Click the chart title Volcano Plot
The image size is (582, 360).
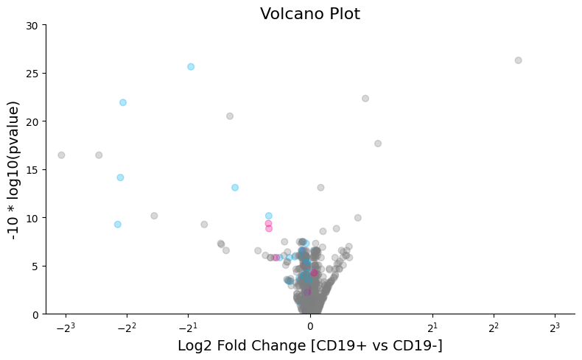[310, 14]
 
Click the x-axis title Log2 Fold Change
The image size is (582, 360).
[310, 345]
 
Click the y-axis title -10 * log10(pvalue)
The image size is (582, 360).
[13, 169]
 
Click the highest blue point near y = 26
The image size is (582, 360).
[191, 67]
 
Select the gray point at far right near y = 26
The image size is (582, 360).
[518, 60]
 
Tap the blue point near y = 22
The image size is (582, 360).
[123, 102]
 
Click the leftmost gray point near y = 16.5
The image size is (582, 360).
[61, 155]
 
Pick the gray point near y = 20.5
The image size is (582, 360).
[230, 116]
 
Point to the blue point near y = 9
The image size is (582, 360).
[118, 225]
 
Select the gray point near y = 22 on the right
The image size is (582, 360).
[365, 99]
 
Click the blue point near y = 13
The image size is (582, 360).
[235, 188]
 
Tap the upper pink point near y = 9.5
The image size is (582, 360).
[268, 224]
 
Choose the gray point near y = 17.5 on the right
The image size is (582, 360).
[378, 144]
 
